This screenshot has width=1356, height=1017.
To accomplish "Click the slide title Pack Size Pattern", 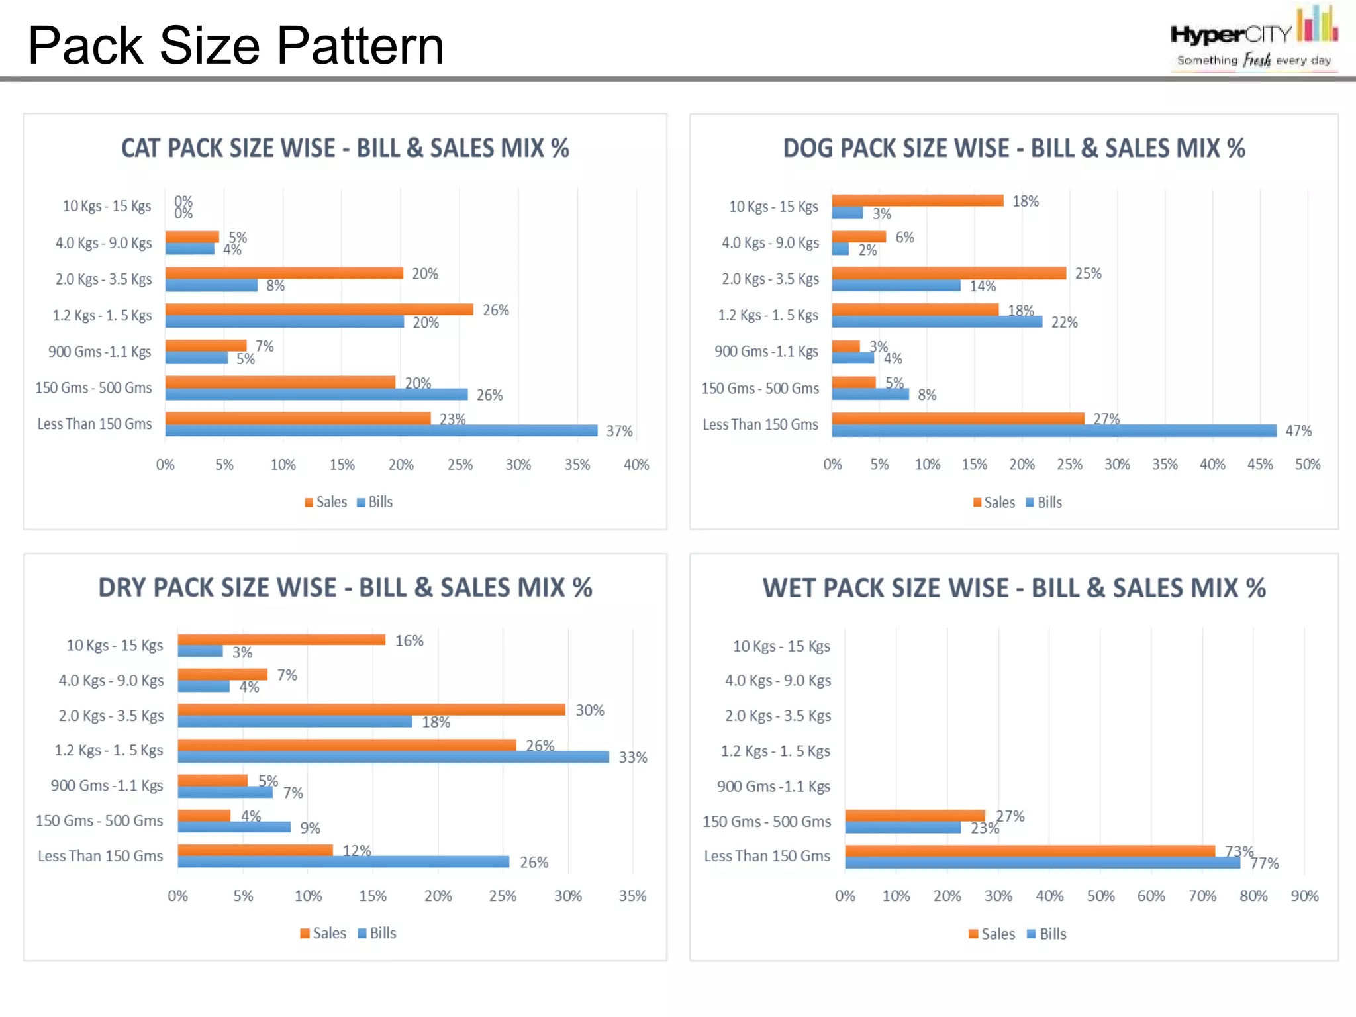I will (x=236, y=45).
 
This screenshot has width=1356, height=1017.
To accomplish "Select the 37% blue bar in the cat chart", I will (x=381, y=431).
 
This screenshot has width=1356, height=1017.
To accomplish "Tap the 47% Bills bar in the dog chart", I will (x=1053, y=431).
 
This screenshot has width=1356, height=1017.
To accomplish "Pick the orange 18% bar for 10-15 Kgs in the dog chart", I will (x=917, y=201).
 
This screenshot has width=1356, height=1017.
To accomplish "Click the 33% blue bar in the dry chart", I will (x=393, y=757).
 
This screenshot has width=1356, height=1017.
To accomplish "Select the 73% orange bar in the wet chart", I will (x=1030, y=851).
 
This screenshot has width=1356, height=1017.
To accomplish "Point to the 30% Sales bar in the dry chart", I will (x=371, y=710).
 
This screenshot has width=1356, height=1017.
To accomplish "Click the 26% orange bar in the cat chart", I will (x=318, y=309).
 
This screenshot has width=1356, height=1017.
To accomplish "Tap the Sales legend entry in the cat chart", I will (x=326, y=502).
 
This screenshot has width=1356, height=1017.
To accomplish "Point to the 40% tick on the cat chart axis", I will (x=636, y=465).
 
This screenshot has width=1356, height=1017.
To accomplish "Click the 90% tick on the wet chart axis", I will (x=1304, y=896).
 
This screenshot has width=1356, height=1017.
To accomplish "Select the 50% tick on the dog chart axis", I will (x=1307, y=465).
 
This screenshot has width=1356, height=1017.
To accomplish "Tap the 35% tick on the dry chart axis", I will (x=632, y=896).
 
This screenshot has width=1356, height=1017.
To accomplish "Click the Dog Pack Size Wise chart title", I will (x=1014, y=148).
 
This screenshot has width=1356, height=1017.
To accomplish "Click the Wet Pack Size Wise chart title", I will (x=1014, y=588).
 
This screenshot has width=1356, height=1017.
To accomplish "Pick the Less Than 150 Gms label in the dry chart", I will (x=100, y=856).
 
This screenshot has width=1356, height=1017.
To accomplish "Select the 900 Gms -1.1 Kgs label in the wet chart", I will (x=773, y=787).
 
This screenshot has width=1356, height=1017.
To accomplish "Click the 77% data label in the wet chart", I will (x=1264, y=863).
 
